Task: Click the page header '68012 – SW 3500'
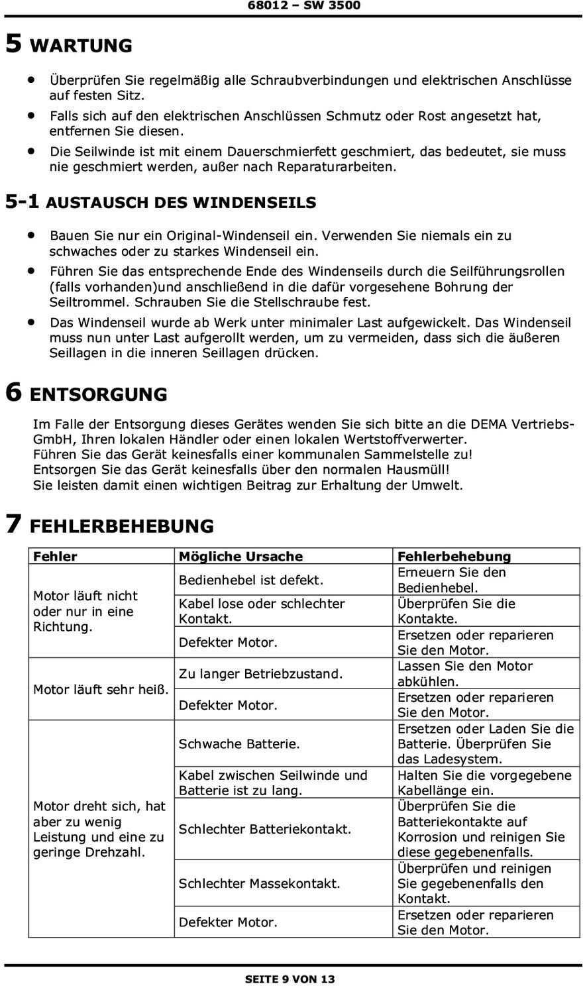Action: [304, 6]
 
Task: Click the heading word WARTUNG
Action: [81, 46]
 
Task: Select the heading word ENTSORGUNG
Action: [99, 395]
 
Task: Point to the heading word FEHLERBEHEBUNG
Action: [122, 527]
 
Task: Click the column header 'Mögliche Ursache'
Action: [240, 557]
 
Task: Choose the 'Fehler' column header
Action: [55, 557]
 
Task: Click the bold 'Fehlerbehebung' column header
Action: [454, 557]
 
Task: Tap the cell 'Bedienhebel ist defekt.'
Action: [251, 580]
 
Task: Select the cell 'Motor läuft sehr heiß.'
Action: [101, 690]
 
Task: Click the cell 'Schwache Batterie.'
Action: [239, 744]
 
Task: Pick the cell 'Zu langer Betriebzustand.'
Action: [260, 674]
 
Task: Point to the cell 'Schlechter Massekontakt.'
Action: [259, 883]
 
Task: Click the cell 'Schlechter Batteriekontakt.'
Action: [265, 829]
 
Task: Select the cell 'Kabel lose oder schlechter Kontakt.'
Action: [262, 611]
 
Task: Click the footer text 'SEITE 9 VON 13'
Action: [290, 979]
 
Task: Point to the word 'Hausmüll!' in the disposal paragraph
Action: [419, 470]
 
